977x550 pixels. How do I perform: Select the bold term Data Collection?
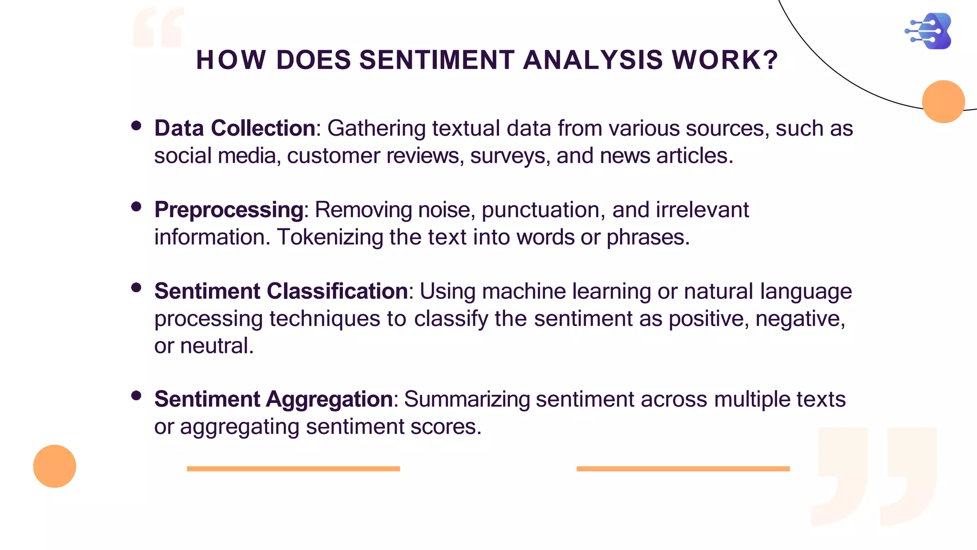[234, 128]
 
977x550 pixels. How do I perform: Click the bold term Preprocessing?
[229, 210]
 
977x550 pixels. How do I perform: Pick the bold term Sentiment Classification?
[281, 291]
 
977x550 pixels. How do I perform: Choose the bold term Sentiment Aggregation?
[273, 399]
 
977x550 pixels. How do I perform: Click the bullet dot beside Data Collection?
[136, 126]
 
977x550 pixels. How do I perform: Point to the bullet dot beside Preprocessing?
[136, 207]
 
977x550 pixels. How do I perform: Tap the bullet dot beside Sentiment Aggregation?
[136, 395]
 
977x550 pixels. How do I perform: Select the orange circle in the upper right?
[943, 102]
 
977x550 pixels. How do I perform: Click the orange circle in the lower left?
[54, 466]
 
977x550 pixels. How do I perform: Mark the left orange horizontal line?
[293, 469]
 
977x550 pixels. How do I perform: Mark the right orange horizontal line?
[683, 469]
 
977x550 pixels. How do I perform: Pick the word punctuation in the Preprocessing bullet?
[543, 210]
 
